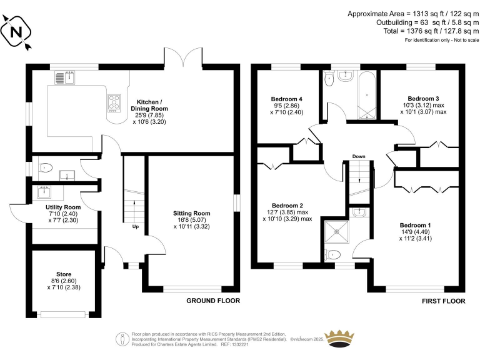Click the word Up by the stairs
click(x=135, y=226)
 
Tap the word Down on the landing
click(x=358, y=156)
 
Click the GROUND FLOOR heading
click(x=213, y=301)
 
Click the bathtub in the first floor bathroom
click(x=366, y=94)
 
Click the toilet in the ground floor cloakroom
click(x=44, y=167)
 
